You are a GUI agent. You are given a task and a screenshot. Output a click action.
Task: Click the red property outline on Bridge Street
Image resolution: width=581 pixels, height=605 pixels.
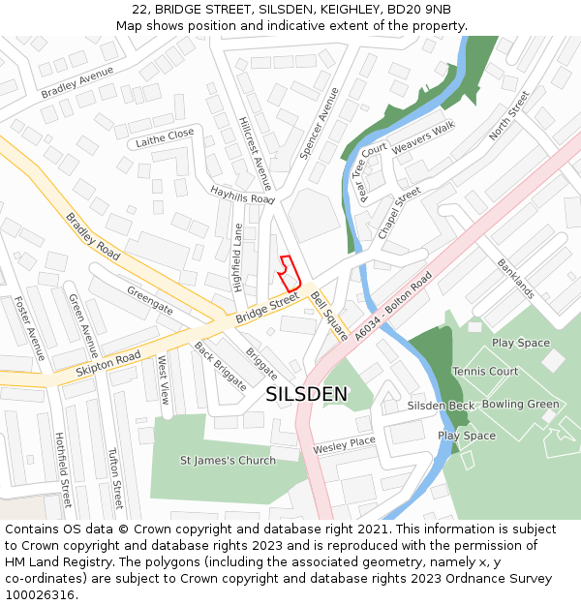pyautogui.click(x=289, y=275)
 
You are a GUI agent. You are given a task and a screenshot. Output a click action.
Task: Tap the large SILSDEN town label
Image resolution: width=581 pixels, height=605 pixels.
pyautogui.click(x=306, y=394)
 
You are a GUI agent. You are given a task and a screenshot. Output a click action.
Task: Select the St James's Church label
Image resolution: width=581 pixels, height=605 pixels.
pyautogui.click(x=228, y=460)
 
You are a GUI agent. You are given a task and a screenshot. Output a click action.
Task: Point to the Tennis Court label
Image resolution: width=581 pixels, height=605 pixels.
pyautogui.click(x=485, y=372)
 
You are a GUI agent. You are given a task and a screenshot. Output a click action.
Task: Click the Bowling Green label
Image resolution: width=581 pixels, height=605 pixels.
pyautogui.click(x=520, y=404)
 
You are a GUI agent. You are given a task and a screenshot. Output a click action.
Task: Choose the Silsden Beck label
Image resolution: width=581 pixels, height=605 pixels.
pyautogui.click(x=441, y=406)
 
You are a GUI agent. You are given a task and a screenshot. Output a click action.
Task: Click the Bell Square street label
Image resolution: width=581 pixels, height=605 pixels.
pyautogui.click(x=329, y=317)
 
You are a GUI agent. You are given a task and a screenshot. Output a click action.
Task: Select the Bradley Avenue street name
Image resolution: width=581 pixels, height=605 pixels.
pyautogui.click(x=77, y=82)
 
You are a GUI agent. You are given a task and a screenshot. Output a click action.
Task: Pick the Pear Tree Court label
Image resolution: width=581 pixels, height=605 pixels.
pyautogui.click(x=372, y=172)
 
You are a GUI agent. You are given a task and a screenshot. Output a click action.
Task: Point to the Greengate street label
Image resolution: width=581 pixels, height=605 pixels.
pyautogui.click(x=150, y=300)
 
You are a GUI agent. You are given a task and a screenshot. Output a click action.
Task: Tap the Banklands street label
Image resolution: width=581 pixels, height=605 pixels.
pyautogui.click(x=515, y=279)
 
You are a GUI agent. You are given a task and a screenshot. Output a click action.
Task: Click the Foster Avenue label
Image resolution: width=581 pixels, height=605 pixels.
pyautogui.click(x=29, y=328)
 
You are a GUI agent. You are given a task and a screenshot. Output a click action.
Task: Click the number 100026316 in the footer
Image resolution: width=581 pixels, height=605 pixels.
pyautogui.click(x=41, y=595)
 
